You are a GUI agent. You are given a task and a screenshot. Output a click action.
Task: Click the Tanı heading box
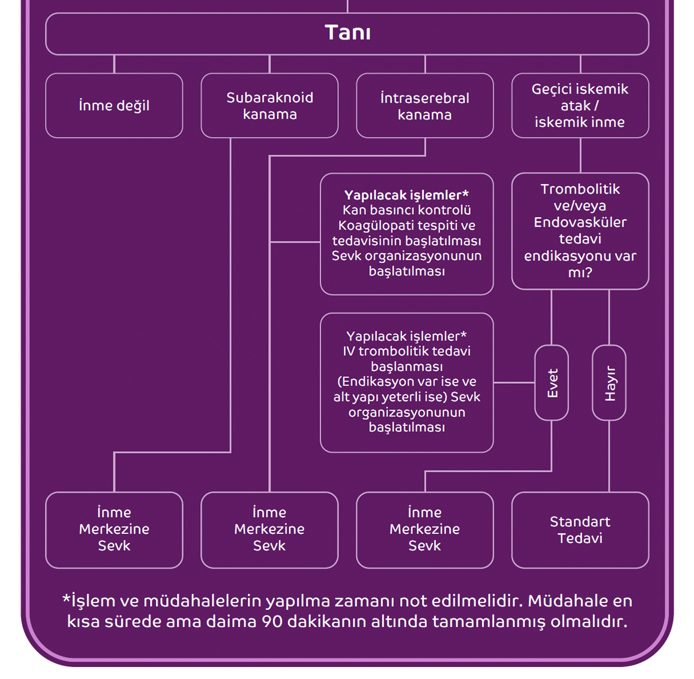point(347,33)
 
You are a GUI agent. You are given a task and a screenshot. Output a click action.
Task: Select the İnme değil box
point(114,106)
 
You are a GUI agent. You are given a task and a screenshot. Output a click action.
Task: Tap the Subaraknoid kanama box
point(269,106)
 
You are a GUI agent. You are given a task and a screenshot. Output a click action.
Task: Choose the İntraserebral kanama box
point(425,106)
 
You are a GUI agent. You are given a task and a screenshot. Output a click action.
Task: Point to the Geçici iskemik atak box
point(580,106)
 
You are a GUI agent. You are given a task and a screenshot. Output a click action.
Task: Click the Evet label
point(552,383)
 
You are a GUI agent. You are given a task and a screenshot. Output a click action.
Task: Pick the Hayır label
point(610,383)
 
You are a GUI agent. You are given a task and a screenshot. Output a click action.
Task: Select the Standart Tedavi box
point(580,530)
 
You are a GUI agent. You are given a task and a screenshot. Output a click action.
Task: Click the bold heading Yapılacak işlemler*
point(406,195)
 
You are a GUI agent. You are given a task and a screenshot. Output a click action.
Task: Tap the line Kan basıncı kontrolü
point(406,210)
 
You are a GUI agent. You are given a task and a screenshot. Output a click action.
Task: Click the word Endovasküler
point(580,222)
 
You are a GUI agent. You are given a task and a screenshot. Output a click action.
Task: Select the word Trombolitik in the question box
point(580,189)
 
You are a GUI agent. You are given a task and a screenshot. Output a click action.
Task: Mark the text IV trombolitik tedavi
point(406,351)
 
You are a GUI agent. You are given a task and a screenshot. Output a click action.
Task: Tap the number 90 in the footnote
point(272,621)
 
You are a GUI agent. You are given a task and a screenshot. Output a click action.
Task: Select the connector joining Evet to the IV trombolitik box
point(514,383)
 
